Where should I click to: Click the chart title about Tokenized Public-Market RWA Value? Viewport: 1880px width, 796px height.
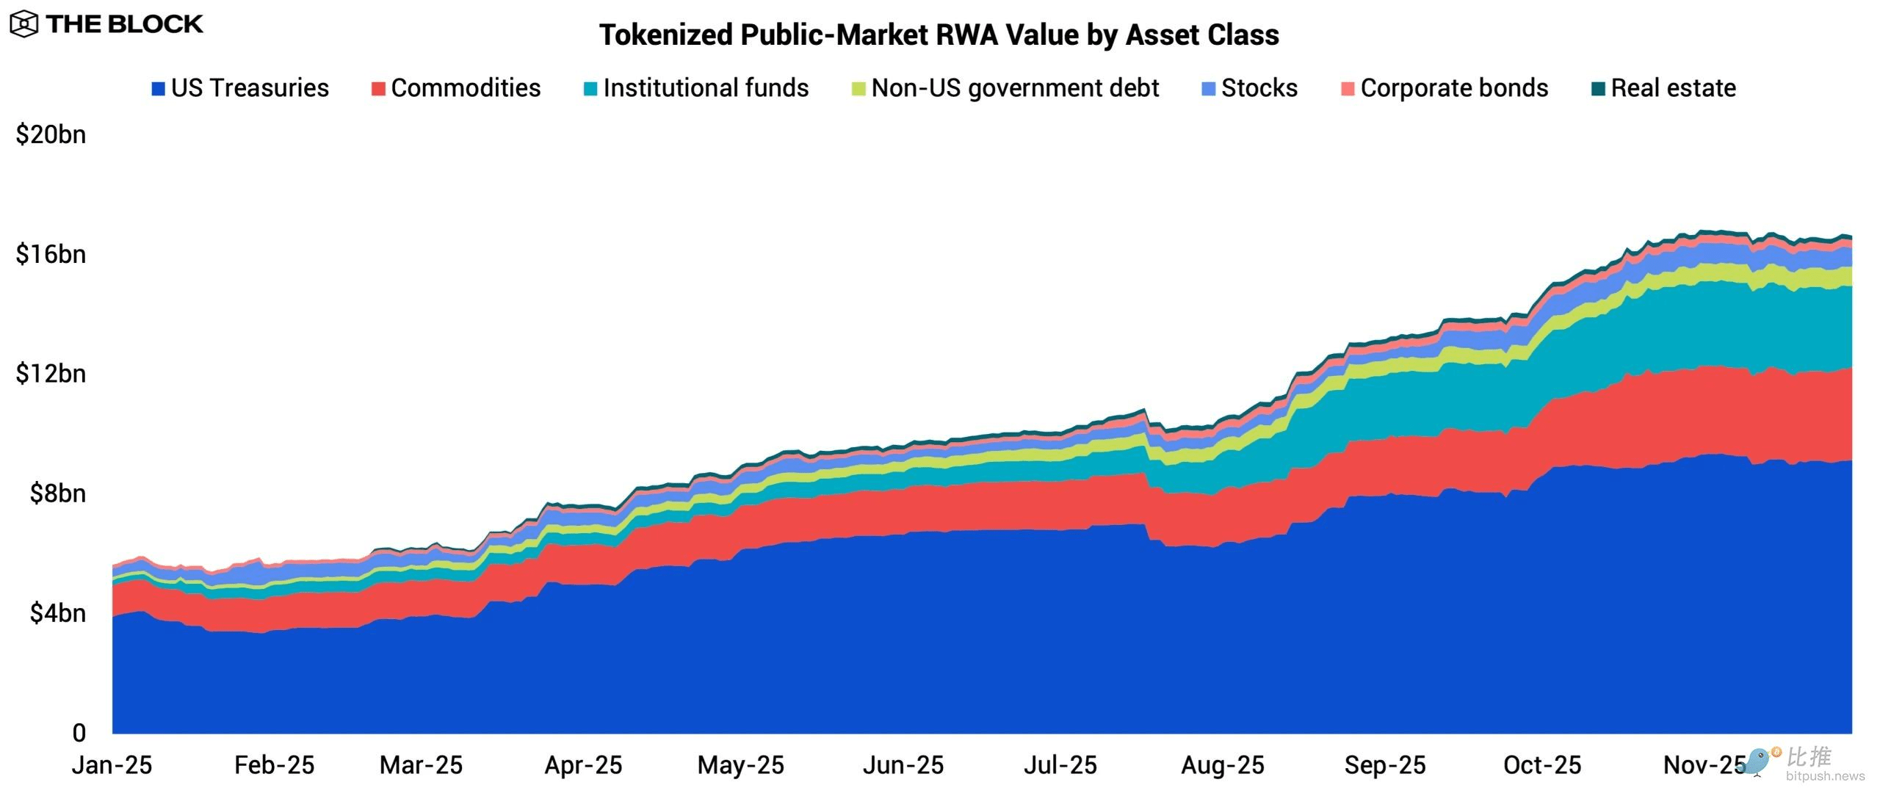[x=939, y=35]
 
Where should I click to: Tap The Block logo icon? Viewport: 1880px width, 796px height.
[x=23, y=24]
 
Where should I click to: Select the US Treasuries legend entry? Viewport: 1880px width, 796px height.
[x=240, y=88]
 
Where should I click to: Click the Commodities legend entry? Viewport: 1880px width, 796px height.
[x=456, y=88]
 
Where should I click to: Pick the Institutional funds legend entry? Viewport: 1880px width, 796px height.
[x=696, y=88]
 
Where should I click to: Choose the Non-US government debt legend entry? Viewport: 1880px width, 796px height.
[x=1005, y=88]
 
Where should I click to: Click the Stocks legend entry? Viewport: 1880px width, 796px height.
[x=1250, y=88]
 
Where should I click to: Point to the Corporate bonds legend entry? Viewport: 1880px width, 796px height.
[x=1445, y=88]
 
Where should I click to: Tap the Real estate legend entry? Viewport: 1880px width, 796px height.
[x=1664, y=88]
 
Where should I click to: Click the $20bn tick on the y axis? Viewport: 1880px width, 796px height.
[x=51, y=134]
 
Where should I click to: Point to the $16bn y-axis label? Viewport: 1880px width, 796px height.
[x=51, y=254]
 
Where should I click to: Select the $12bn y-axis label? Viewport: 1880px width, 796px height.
[x=51, y=374]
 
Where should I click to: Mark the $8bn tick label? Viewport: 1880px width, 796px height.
[x=57, y=493]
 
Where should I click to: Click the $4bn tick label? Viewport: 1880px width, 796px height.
[x=57, y=613]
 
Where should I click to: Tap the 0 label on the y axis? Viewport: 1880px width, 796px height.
[x=79, y=733]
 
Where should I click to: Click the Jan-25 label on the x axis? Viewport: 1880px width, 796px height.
[x=112, y=765]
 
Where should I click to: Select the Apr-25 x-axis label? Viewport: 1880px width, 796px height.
[x=583, y=765]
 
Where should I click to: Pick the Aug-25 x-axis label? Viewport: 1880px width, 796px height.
[x=1223, y=765]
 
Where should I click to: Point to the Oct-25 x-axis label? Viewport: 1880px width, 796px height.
[x=1542, y=765]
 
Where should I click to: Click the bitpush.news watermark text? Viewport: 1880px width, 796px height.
[x=1825, y=776]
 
